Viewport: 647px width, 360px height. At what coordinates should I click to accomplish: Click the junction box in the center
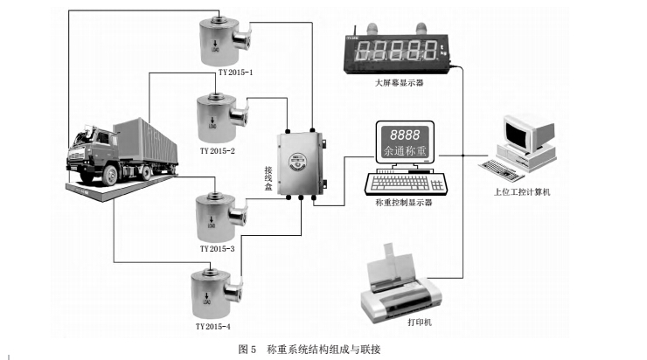pyautogui.click(x=298, y=163)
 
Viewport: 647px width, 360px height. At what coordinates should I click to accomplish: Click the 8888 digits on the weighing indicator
pyautogui.click(x=403, y=136)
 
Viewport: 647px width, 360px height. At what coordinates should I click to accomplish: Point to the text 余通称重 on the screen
pyautogui.click(x=403, y=152)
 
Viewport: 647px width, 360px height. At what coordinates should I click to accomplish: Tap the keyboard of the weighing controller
pyautogui.click(x=405, y=183)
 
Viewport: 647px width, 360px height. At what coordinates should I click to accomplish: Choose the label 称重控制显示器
pyautogui.click(x=403, y=202)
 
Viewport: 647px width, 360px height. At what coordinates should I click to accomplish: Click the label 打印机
pyautogui.click(x=421, y=324)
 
